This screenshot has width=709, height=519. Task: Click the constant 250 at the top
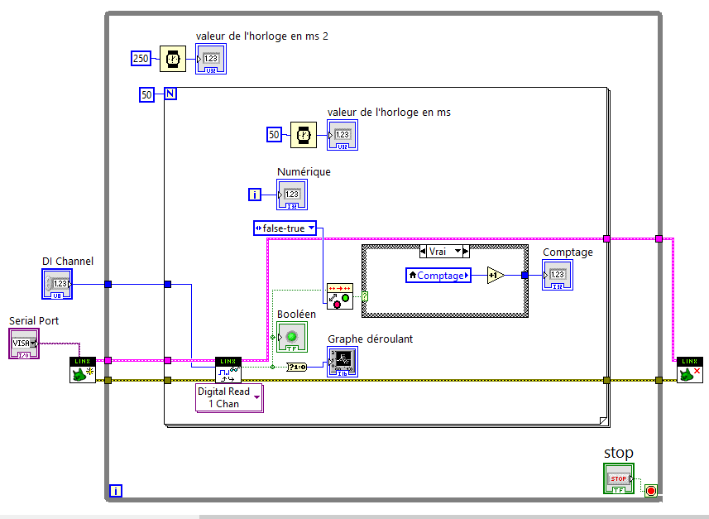click(x=141, y=58)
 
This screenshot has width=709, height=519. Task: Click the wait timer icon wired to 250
click(x=173, y=59)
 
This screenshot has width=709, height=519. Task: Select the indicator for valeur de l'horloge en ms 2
click(x=210, y=59)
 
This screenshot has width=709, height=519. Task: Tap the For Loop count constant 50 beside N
click(x=146, y=94)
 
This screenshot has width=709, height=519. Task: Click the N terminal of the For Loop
click(x=170, y=94)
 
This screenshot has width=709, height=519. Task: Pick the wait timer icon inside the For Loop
click(x=304, y=134)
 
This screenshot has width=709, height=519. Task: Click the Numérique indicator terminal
click(x=292, y=195)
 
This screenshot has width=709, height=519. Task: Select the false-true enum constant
click(x=285, y=228)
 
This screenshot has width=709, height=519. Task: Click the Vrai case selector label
click(x=444, y=251)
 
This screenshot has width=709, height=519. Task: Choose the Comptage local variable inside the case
click(x=438, y=275)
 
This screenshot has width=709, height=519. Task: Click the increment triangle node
click(x=495, y=275)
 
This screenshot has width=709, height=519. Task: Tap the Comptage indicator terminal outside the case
click(x=557, y=275)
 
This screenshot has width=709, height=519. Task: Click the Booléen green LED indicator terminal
click(x=291, y=337)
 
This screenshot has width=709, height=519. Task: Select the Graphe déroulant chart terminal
click(x=343, y=362)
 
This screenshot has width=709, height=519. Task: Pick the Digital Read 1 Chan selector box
click(x=229, y=397)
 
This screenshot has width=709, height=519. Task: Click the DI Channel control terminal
click(x=57, y=284)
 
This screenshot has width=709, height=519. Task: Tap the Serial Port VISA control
click(x=24, y=343)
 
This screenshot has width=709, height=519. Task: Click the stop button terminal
click(x=619, y=478)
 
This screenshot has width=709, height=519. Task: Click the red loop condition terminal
click(x=650, y=491)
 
